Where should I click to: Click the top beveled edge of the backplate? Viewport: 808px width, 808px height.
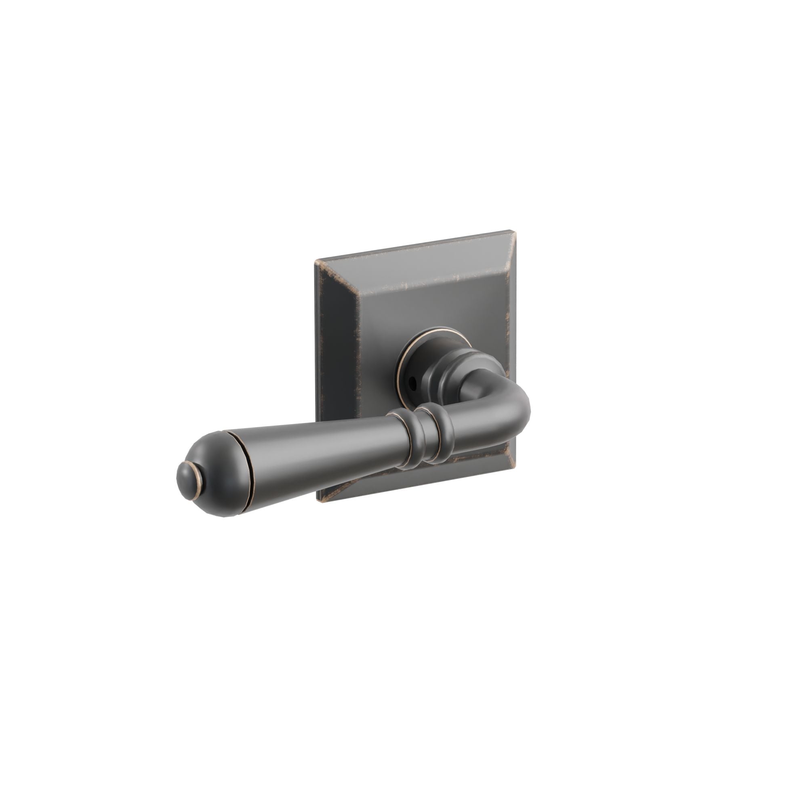tap(418, 259)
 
